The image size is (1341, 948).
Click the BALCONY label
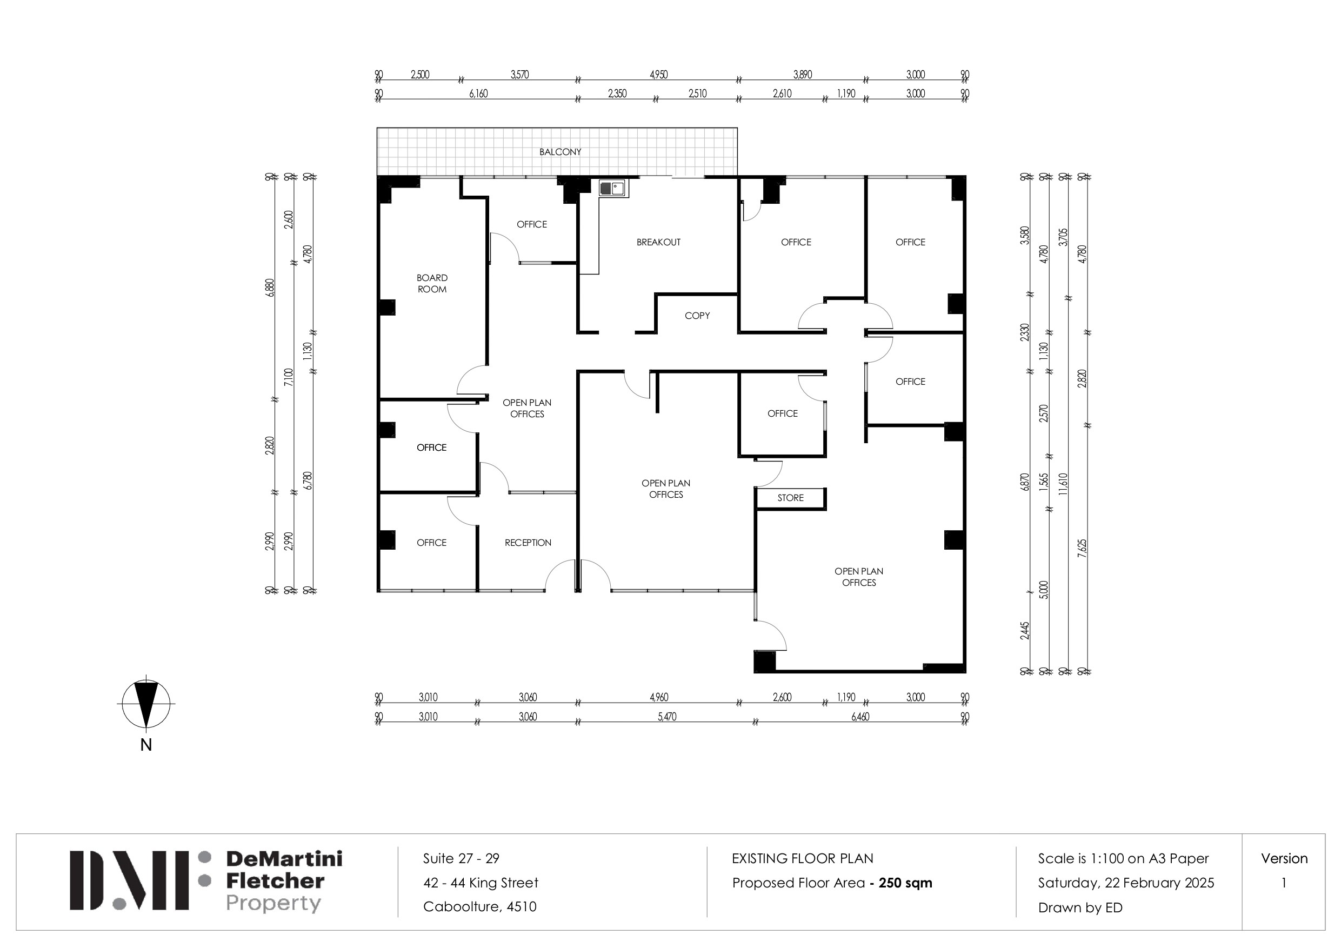pyautogui.click(x=560, y=152)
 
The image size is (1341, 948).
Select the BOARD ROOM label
pyautogui.click(x=432, y=283)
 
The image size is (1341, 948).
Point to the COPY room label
pyautogui.click(x=697, y=316)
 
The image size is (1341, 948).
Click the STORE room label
pyautogui.click(x=790, y=498)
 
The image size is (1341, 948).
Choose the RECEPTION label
pyautogui.click(x=528, y=543)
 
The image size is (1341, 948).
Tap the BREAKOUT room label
pyautogui.click(x=658, y=242)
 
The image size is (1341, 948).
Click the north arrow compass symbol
pyautogui.click(x=146, y=703)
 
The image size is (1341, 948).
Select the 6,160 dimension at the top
pyautogui.click(x=478, y=94)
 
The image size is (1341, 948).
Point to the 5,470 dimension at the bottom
pyautogui.click(x=667, y=717)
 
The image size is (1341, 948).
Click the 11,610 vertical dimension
pyautogui.click(x=1063, y=484)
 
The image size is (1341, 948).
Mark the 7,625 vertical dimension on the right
pyautogui.click(x=1082, y=549)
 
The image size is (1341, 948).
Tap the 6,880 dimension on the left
pyautogui.click(x=270, y=288)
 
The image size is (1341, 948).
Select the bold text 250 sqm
pyautogui.click(x=905, y=883)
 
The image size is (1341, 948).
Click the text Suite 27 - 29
pyautogui.click(x=461, y=858)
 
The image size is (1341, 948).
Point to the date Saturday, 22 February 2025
pyautogui.click(x=1125, y=883)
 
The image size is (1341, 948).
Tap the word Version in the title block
pyautogui.click(x=1284, y=858)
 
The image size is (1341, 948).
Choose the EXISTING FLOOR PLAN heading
pyautogui.click(x=803, y=858)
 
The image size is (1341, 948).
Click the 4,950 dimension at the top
pyautogui.click(x=658, y=75)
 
